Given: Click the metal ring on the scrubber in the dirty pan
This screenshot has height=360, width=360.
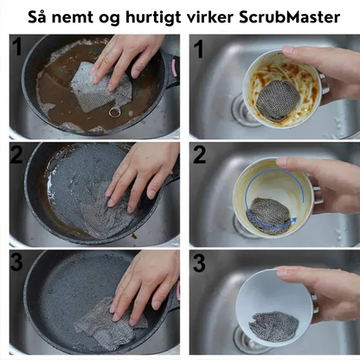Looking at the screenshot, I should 114,110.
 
